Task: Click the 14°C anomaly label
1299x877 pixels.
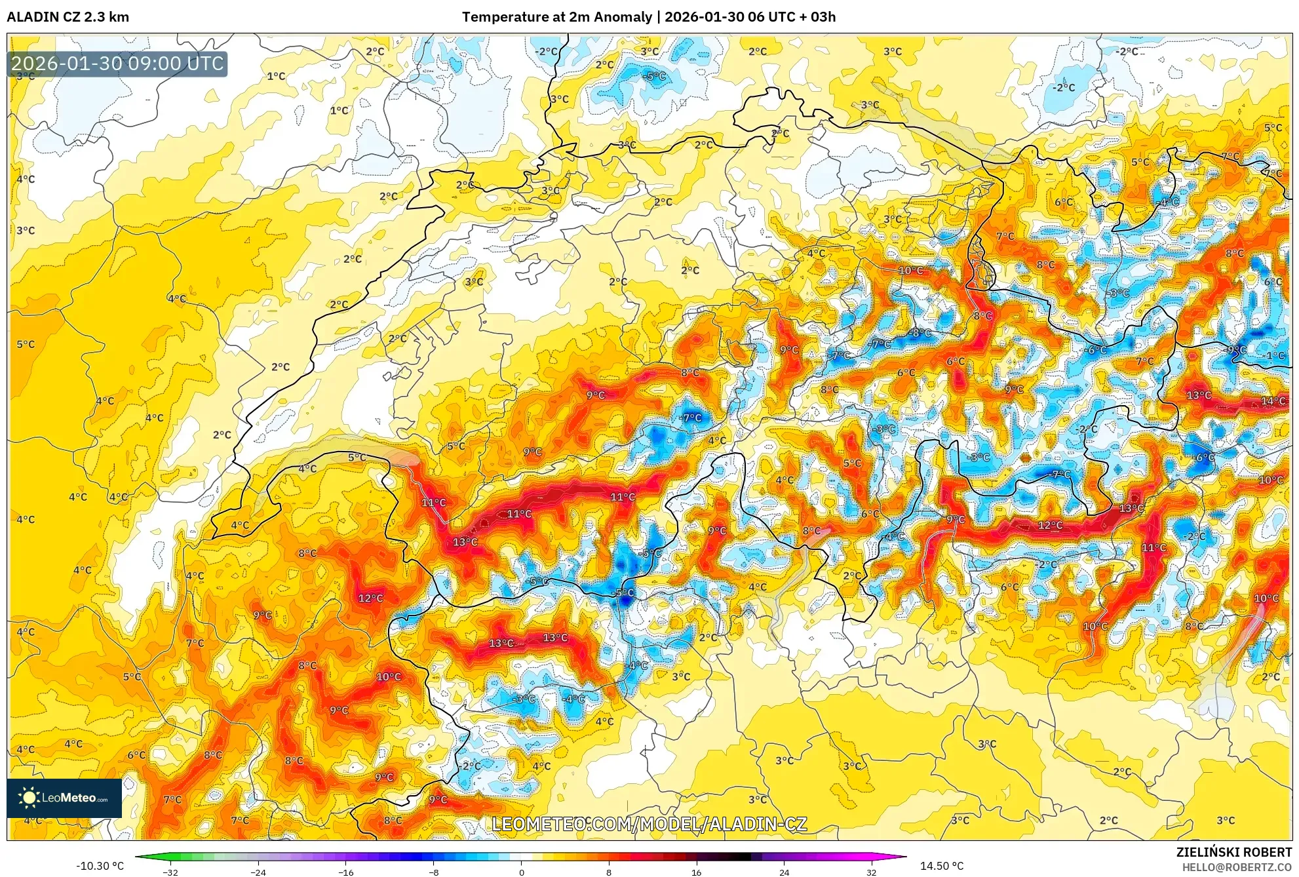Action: tap(1273, 401)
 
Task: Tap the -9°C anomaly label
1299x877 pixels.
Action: tap(1237, 350)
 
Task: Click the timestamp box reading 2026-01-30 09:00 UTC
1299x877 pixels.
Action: tap(117, 64)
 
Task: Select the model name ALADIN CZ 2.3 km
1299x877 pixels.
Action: tap(68, 17)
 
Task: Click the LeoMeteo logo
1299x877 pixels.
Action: tap(64, 798)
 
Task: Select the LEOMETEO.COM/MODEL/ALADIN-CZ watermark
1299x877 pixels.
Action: tap(649, 824)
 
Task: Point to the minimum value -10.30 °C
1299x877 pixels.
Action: tap(100, 866)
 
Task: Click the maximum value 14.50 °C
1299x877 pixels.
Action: tap(942, 866)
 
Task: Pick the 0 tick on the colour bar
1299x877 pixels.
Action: tap(521, 872)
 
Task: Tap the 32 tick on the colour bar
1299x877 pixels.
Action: tap(871, 872)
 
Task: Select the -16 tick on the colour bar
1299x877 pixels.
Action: tap(345, 872)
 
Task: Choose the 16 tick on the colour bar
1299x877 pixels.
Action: tap(696, 872)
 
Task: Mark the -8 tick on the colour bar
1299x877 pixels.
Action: tap(433, 872)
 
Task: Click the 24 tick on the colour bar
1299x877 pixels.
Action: tap(784, 872)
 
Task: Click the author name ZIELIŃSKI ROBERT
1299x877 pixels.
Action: tap(1233, 852)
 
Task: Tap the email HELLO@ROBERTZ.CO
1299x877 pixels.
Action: tap(1237, 867)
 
